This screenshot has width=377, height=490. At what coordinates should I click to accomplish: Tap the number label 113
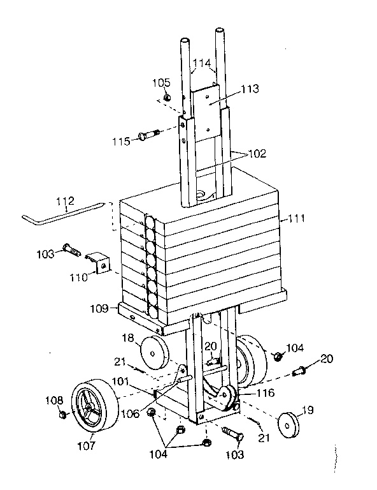(250, 89)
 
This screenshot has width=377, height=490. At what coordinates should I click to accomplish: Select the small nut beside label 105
(166, 97)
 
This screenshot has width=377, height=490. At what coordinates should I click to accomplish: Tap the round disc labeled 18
(152, 350)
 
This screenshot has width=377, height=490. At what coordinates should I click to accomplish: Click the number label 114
(203, 63)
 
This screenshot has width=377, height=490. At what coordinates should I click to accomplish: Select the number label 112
(66, 202)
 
